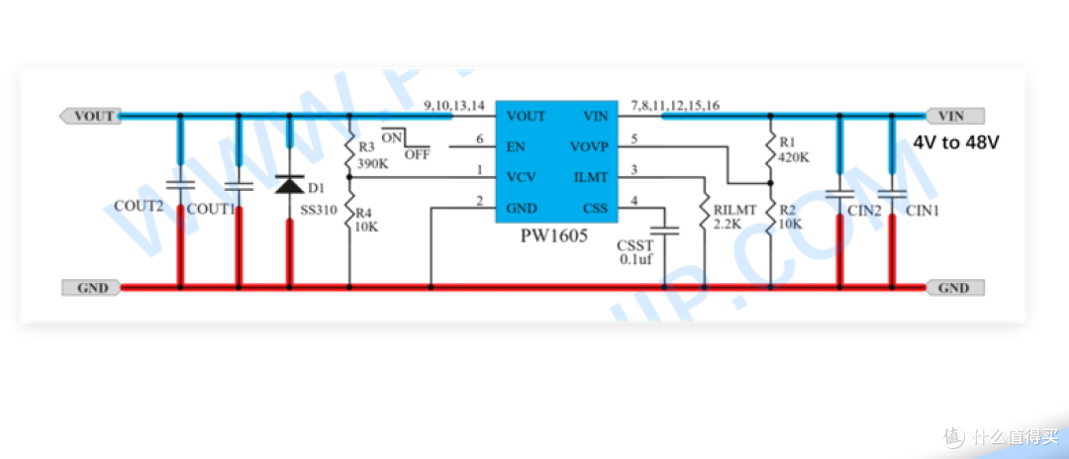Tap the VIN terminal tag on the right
point(955,116)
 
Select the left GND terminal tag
point(91,288)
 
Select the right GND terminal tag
point(955,288)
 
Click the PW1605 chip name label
point(554,237)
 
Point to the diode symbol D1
point(289,185)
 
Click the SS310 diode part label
point(319,211)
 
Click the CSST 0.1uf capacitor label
point(634,251)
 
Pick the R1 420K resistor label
point(794,149)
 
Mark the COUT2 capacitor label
point(140,207)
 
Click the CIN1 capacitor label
point(923,211)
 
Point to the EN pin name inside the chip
point(516,146)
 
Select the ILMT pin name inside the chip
point(592,177)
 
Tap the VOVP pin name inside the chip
point(589,146)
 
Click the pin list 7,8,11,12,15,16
point(675,105)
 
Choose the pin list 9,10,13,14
point(454,105)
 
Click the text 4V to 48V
point(956,143)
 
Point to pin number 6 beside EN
point(480,138)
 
